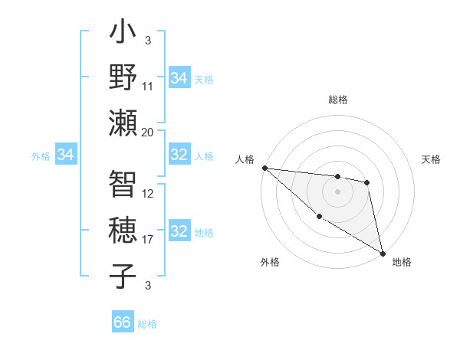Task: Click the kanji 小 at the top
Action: [x=123, y=34]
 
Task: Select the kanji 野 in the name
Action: [x=123, y=78]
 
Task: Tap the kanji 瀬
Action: [x=123, y=123]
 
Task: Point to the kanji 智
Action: [x=123, y=185]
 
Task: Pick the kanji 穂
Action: [x=123, y=231]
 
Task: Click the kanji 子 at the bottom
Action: [x=123, y=276]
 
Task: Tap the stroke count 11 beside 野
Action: [x=148, y=87]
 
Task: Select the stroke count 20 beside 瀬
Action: [x=148, y=132]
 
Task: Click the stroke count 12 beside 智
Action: [x=148, y=194]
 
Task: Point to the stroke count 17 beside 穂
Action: [x=148, y=240]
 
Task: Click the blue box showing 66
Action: [x=123, y=322]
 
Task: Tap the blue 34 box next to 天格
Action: [x=179, y=78]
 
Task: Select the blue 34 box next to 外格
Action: [x=65, y=155]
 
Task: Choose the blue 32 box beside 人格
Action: [x=179, y=155]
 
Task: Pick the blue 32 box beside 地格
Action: [x=179, y=232]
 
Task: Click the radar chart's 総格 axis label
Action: [x=338, y=100]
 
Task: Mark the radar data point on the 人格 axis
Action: [x=264, y=168]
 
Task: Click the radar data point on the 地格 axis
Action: [x=383, y=253]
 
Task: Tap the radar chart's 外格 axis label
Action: [x=270, y=263]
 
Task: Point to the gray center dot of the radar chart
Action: [x=337, y=191]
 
